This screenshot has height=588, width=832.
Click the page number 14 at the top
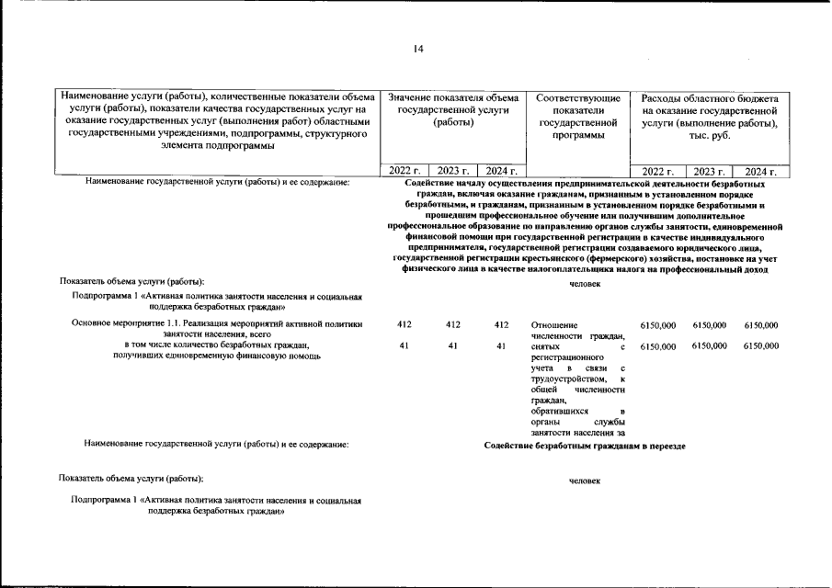(418, 49)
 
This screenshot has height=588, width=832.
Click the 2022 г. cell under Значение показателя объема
(405, 171)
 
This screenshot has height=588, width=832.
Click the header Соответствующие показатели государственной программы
(577, 116)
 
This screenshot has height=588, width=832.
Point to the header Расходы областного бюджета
(710, 116)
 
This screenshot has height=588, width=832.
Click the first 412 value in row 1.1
(404, 324)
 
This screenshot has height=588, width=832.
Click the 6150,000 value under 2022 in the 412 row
(657, 324)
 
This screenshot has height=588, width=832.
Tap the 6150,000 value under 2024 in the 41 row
(761, 345)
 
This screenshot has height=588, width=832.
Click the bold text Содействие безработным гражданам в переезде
(585, 445)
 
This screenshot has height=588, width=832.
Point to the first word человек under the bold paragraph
(585, 284)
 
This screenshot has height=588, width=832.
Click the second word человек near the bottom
(585, 481)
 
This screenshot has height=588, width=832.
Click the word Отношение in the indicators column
(554, 324)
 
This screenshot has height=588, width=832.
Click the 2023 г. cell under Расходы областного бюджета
(709, 171)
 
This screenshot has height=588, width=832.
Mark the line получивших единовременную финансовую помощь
(216, 356)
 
